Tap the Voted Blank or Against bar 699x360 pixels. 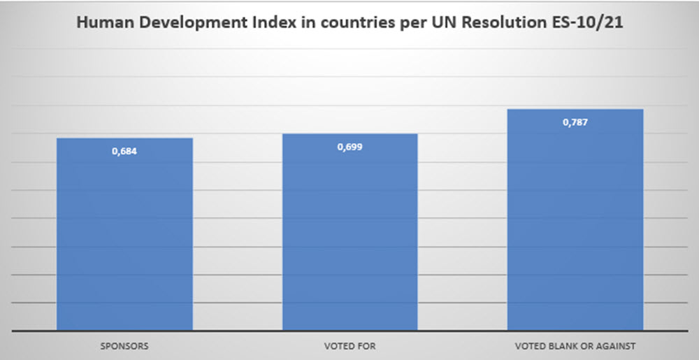pyautogui.click(x=575, y=224)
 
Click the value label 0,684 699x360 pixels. pyautogui.click(x=124, y=150)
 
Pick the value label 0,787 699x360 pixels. pyautogui.click(x=575, y=122)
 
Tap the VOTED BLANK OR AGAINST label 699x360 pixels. pyautogui.click(x=575, y=345)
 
